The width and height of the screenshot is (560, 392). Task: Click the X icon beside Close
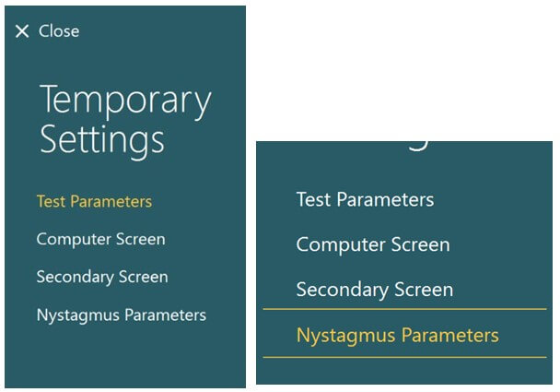click(22, 31)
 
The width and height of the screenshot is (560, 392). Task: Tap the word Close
click(59, 31)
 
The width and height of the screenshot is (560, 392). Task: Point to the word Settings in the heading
click(102, 140)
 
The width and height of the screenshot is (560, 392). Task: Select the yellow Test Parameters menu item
click(94, 201)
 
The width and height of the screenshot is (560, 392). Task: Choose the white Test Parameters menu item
click(365, 199)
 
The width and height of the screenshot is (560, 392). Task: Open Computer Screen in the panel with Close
click(100, 239)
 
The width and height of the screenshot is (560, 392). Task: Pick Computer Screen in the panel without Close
click(373, 244)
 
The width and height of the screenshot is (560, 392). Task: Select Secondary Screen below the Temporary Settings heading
click(102, 277)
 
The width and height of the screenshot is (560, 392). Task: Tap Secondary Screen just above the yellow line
click(375, 290)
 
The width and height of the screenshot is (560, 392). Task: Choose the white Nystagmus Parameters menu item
click(122, 315)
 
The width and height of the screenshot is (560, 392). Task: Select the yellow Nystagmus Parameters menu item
click(398, 336)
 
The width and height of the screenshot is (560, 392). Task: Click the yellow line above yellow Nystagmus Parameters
click(404, 309)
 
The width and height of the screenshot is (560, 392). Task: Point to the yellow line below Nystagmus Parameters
click(404, 357)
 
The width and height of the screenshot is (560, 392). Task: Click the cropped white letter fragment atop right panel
click(418, 147)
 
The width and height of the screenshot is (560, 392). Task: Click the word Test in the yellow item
click(51, 201)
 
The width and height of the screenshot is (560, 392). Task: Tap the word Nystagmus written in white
click(78, 315)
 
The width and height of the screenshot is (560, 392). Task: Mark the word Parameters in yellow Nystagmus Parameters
click(450, 335)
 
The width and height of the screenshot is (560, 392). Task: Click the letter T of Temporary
click(50, 99)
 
